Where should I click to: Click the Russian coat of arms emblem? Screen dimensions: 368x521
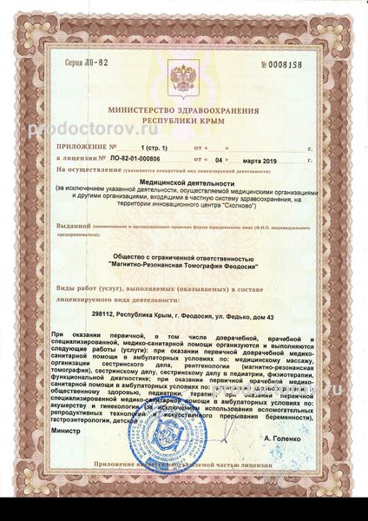183,77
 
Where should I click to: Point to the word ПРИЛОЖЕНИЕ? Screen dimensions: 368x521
81,148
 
